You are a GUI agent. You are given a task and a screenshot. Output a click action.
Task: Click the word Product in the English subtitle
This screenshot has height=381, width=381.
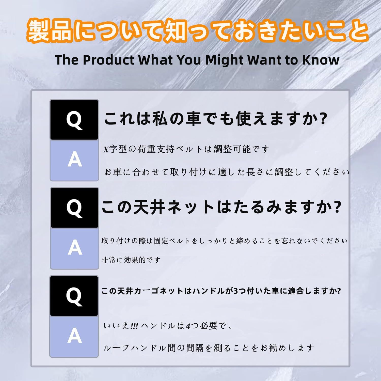pyautogui.click(x=108, y=60)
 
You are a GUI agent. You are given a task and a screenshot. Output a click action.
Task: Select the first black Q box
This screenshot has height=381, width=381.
pyautogui.click(x=74, y=120)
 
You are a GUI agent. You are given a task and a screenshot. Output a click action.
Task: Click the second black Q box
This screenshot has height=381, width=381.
pyautogui.click(x=74, y=208)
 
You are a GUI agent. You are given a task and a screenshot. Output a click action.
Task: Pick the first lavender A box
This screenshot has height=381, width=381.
pyautogui.click(x=74, y=160)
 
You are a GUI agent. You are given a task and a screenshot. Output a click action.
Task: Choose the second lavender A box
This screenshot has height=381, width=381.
pyautogui.click(x=74, y=248)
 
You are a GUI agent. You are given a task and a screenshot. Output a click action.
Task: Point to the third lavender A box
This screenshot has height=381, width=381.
pyautogui.click(x=74, y=337)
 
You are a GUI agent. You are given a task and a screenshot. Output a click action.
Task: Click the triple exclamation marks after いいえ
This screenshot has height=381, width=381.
pyautogui.click(x=134, y=326)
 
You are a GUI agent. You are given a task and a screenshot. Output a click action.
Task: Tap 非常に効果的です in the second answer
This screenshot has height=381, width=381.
pyautogui.click(x=131, y=260)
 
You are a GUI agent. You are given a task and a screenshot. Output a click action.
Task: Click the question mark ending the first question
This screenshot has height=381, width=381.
pyautogui.click(x=323, y=119)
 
